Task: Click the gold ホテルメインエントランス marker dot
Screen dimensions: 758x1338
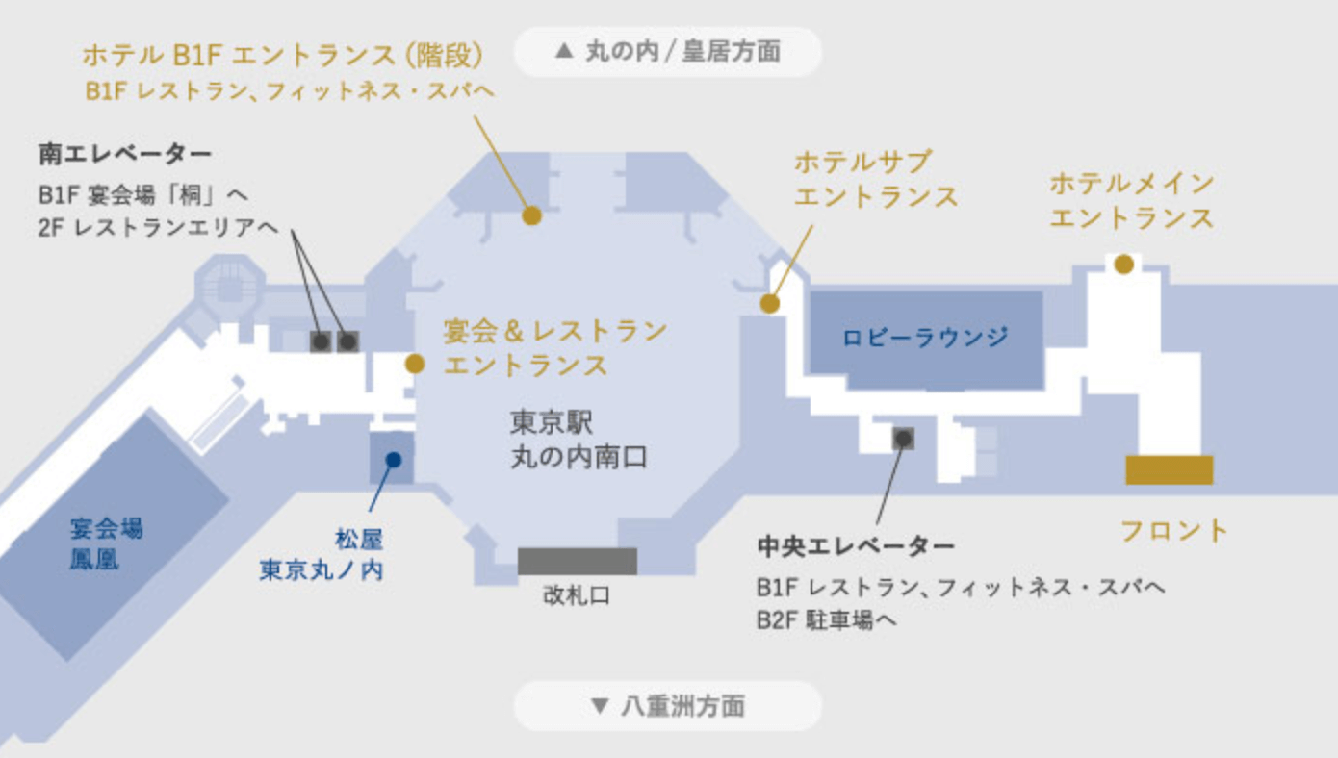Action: (x=1123, y=264)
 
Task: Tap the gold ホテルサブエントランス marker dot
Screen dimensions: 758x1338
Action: (x=769, y=304)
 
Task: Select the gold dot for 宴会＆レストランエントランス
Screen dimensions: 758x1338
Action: (x=415, y=364)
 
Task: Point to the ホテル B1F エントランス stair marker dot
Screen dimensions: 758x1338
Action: (x=531, y=215)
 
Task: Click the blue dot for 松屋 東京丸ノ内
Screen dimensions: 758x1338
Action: (x=393, y=459)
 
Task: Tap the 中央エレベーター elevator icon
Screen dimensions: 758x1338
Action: (x=903, y=439)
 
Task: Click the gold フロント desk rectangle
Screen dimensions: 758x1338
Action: (x=1169, y=470)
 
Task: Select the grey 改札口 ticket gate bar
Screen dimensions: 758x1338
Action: (x=578, y=561)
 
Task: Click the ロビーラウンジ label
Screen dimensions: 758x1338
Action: (x=926, y=338)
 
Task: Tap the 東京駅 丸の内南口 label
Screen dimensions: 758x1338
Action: (x=578, y=441)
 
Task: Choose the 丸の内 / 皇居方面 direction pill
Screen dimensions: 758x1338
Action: (x=668, y=51)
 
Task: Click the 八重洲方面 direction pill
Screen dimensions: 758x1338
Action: (x=668, y=707)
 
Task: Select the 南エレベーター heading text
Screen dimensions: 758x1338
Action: (x=125, y=154)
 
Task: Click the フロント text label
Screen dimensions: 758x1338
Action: (x=1175, y=530)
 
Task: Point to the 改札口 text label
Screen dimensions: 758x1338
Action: (x=577, y=596)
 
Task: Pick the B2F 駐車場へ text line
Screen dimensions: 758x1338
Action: (x=827, y=620)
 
